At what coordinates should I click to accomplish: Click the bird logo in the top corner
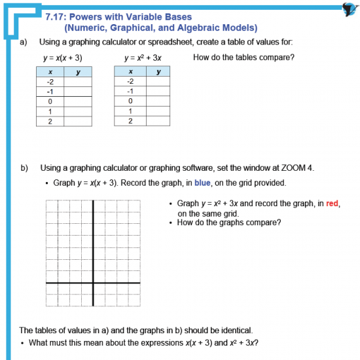click(x=349, y=9)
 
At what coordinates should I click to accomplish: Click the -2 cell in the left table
click(x=50, y=82)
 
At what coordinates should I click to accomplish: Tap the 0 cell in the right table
click(x=130, y=101)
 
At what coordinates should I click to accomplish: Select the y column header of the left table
click(x=78, y=72)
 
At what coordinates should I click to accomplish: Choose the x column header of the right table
click(x=130, y=72)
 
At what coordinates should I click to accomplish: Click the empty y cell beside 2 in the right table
click(x=158, y=121)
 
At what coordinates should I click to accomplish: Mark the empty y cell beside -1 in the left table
click(x=78, y=92)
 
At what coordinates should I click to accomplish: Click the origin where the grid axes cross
click(x=92, y=283)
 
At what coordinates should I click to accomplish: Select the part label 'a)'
click(x=24, y=41)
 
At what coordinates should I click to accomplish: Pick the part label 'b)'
click(x=24, y=168)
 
